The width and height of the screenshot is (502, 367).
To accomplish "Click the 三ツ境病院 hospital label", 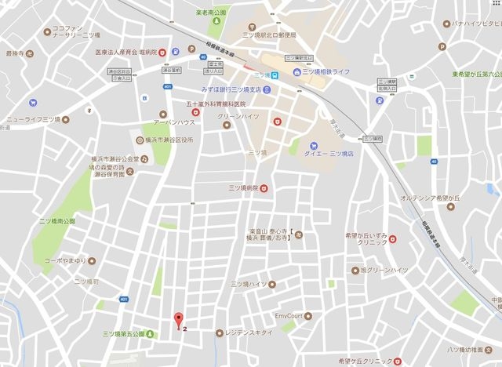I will [242, 188].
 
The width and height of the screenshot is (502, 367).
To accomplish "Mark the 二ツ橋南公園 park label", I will [57, 222].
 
